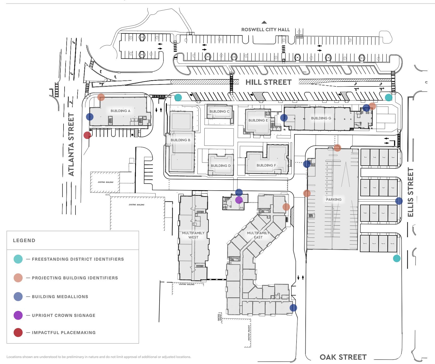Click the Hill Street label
click(268, 82)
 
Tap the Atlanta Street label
click(71, 145)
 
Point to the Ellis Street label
click(411, 192)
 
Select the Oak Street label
click(343, 357)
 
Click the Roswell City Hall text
click(265, 30)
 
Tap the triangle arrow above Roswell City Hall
click(264, 22)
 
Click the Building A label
click(120, 111)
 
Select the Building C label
click(219, 111)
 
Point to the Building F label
click(266, 165)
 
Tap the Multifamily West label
click(193, 235)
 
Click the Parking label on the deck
click(333, 199)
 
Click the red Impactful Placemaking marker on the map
click(87, 135)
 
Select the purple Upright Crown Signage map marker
click(239, 200)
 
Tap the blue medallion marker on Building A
click(90, 117)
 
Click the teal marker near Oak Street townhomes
click(396, 258)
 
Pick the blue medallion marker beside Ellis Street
click(399, 201)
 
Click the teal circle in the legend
click(18, 259)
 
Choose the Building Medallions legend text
click(60, 297)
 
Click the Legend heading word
click(24, 241)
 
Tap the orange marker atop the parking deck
click(337, 148)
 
